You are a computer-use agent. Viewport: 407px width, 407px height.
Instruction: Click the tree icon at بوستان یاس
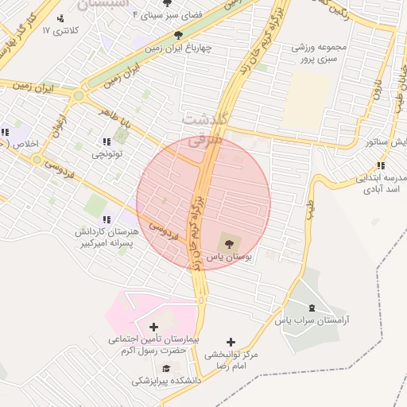tap(227, 242)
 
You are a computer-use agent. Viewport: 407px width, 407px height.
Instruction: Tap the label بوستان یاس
tap(229, 258)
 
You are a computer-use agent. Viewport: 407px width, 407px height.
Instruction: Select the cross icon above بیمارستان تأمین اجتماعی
tap(153, 327)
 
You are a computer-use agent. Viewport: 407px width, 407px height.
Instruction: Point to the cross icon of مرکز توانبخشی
tap(231, 342)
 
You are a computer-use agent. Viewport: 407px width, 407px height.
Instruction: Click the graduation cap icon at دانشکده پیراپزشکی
tap(167, 368)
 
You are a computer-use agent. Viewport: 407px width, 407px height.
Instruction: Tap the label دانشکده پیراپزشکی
tap(167, 382)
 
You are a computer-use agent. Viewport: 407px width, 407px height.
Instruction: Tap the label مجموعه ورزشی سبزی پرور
tap(314, 53)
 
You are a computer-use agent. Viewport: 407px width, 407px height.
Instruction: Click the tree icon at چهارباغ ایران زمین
tap(178, 35)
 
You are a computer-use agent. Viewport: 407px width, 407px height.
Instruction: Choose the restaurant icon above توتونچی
tap(107, 141)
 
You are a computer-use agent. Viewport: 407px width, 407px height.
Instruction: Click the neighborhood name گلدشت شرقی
tap(206, 130)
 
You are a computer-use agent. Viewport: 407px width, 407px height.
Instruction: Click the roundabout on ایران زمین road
tap(78, 96)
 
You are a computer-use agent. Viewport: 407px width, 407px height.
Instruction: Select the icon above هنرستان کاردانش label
tap(107, 219)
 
